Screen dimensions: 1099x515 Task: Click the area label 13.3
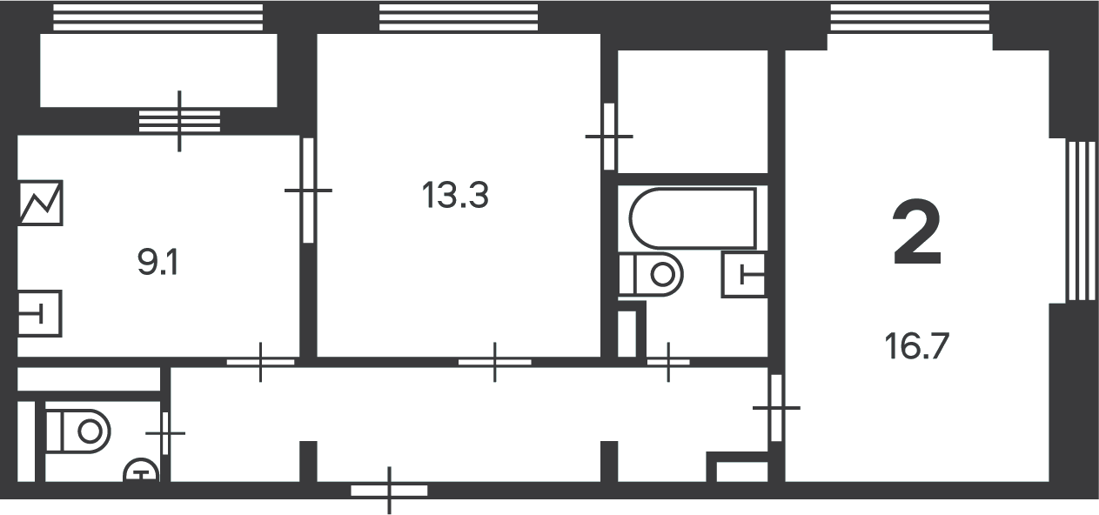click(455, 195)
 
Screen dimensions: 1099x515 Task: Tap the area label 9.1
click(157, 263)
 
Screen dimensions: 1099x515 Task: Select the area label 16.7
click(916, 346)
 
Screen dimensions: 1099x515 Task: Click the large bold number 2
click(916, 232)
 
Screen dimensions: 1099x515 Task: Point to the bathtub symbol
click(693, 218)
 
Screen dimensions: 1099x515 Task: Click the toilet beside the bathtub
click(651, 274)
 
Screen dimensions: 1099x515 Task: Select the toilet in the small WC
click(78, 431)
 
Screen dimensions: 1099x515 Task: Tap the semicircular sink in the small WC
click(142, 470)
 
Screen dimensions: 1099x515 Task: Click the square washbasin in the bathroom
click(744, 275)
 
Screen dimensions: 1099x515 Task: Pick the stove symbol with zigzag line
click(40, 203)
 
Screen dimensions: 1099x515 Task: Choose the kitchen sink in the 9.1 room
click(40, 313)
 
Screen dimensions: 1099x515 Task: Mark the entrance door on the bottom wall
click(389, 491)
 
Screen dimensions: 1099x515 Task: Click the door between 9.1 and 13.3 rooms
click(308, 191)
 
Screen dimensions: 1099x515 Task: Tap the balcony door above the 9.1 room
click(179, 121)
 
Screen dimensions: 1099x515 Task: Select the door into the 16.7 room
click(776, 408)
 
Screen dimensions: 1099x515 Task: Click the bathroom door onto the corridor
click(668, 363)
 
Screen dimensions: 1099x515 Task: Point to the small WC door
click(165, 433)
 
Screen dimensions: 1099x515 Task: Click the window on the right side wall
click(1082, 221)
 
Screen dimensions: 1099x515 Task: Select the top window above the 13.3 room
click(459, 17)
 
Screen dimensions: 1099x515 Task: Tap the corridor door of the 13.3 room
click(494, 363)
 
